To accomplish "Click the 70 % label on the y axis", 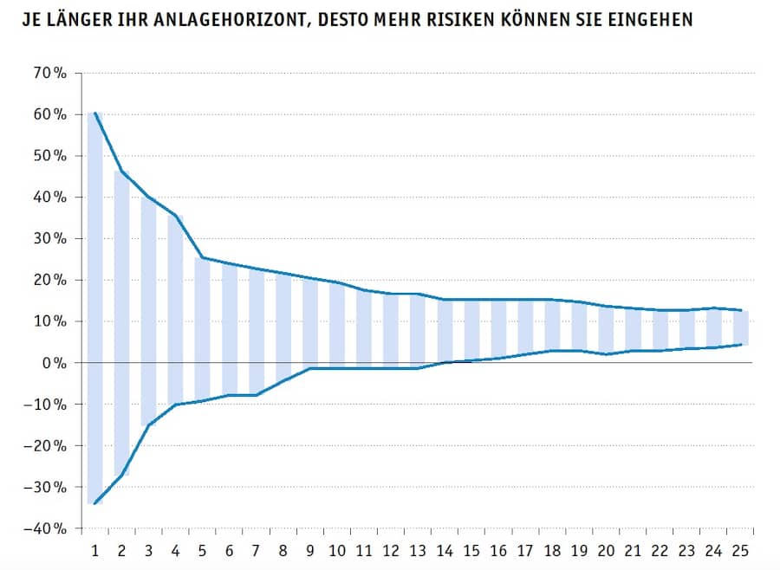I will [50, 74].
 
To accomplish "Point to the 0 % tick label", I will [55, 363].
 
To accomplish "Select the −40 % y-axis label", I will [47, 528].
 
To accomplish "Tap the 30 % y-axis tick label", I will [50, 239].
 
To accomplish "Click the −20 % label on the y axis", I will [47, 446].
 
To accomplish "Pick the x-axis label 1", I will [94, 550].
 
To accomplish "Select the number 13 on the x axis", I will [417, 550].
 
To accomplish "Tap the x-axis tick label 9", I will [309, 550].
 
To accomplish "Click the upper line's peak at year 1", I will [95, 113].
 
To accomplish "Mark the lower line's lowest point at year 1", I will [94, 503].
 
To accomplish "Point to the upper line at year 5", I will [202, 257].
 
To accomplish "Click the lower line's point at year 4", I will [175, 405].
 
